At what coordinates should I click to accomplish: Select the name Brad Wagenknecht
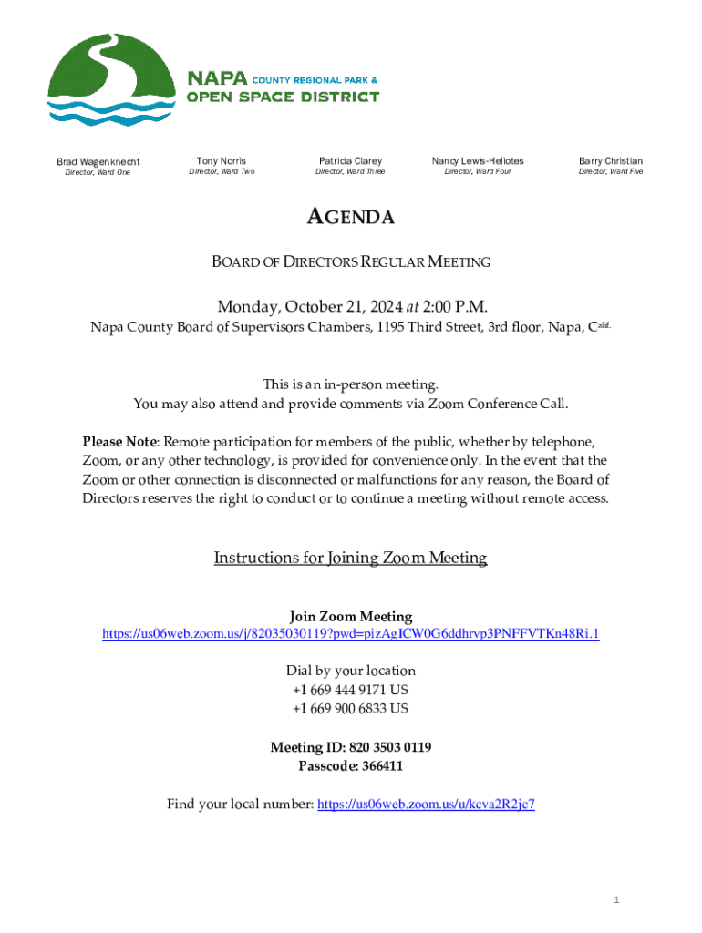98,162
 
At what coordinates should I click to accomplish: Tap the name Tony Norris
222,160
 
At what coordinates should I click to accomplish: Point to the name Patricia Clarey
350,160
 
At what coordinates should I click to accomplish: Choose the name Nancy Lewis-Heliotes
478,160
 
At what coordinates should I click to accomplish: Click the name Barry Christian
611,160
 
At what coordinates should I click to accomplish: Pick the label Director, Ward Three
350,171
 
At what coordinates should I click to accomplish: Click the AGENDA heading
350,217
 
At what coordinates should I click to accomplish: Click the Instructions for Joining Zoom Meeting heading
350,558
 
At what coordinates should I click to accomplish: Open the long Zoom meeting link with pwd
350,634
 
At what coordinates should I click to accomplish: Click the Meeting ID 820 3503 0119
390,747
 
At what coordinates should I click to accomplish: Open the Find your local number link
425,804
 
